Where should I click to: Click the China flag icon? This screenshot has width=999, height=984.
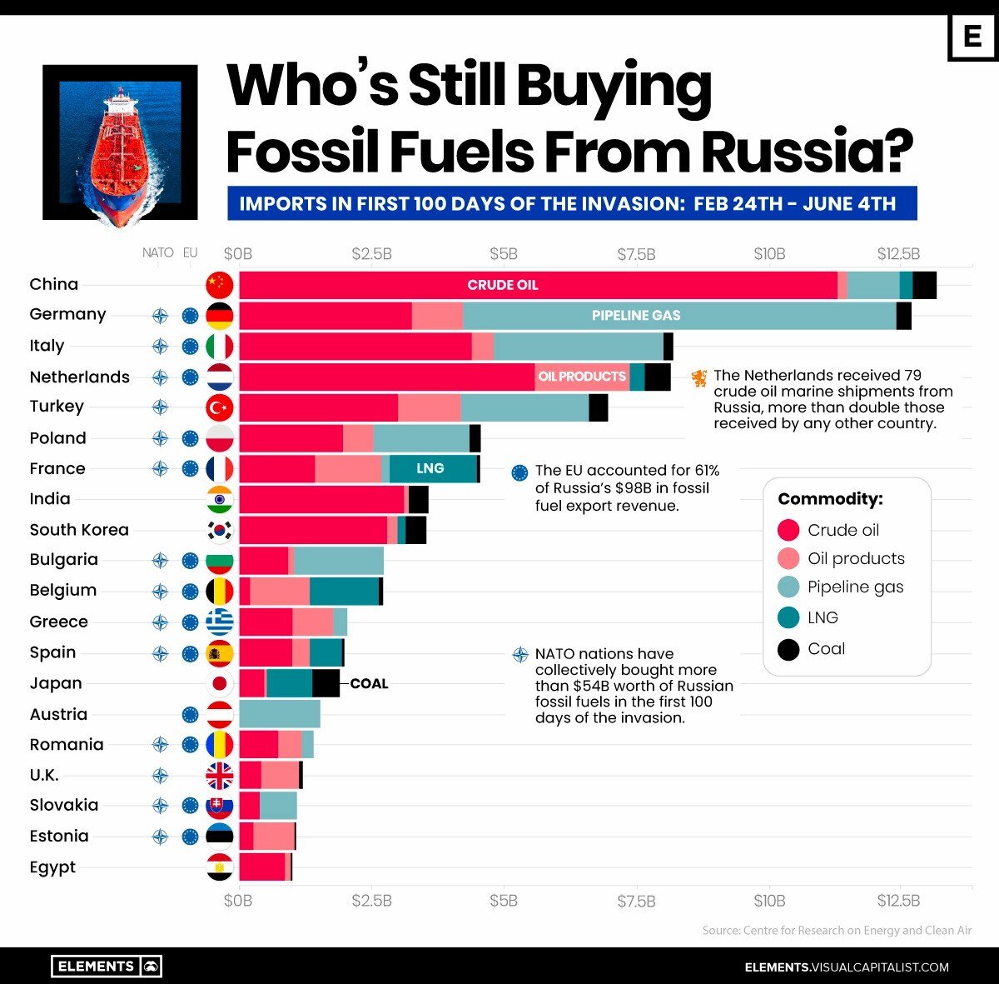(220, 285)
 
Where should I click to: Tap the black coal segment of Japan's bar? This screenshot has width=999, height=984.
(326, 683)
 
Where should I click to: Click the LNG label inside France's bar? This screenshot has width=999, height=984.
(430, 468)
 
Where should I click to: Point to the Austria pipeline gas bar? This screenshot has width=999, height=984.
(280, 714)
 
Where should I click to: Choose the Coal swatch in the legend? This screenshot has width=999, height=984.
(788, 649)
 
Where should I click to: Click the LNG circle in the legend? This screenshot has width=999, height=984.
(788, 617)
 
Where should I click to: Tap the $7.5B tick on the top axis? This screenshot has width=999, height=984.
(637, 253)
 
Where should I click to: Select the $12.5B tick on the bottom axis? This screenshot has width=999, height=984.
(898, 901)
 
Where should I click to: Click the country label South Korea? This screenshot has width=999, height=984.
(79, 530)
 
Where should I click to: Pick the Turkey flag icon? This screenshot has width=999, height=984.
(220, 407)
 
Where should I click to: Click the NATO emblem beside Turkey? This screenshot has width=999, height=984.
(160, 407)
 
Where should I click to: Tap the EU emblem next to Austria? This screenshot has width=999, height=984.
(191, 714)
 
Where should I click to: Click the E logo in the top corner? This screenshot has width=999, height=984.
(972, 37)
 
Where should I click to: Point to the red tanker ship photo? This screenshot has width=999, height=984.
(120, 142)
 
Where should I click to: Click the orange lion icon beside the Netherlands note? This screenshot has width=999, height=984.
(698, 378)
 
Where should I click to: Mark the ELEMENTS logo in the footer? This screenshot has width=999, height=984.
(107, 967)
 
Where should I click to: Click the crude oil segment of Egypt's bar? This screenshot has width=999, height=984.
(261, 867)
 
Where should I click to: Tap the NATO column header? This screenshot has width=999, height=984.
(158, 252)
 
